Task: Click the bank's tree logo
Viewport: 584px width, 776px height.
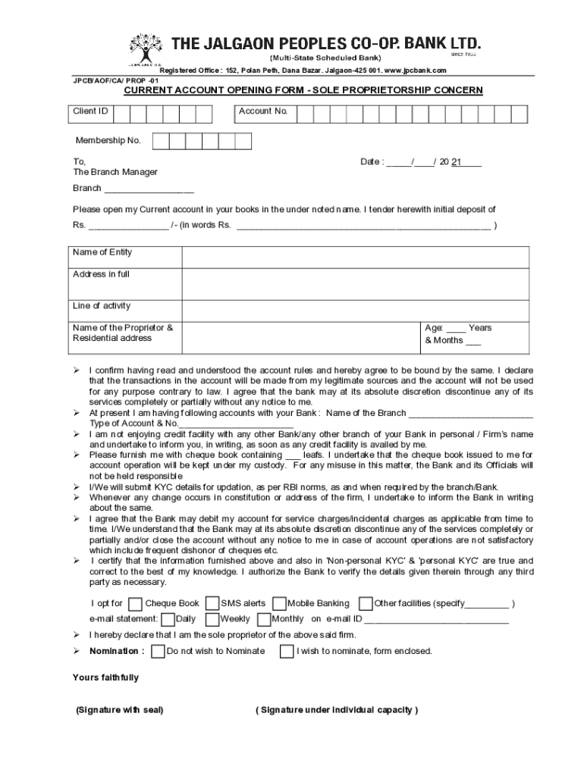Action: click(x=145, y=48)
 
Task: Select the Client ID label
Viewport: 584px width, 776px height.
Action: click(x=90, y=111)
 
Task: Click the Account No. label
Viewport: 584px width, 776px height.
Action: click(x=263, y=111)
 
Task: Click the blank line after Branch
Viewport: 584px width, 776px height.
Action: click(x=149, y=189)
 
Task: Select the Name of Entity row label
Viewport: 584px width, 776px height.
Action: click(x=102, y=252)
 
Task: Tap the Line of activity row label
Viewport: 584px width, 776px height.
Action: click(x=102, y=306)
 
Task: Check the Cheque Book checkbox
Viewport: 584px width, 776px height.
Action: click(x=135, y=604)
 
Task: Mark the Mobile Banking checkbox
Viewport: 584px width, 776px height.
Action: click(x=278, y=604)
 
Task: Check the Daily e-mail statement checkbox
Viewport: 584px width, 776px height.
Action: click(x=167, y=619)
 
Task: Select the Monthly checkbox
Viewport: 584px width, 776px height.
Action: click(x=263, y=619)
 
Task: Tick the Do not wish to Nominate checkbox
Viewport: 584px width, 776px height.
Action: click(x=158, y=651)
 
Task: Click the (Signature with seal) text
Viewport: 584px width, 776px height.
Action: click(x=120, y=710)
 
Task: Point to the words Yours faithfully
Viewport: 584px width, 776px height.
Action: click(x=105, y=677)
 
